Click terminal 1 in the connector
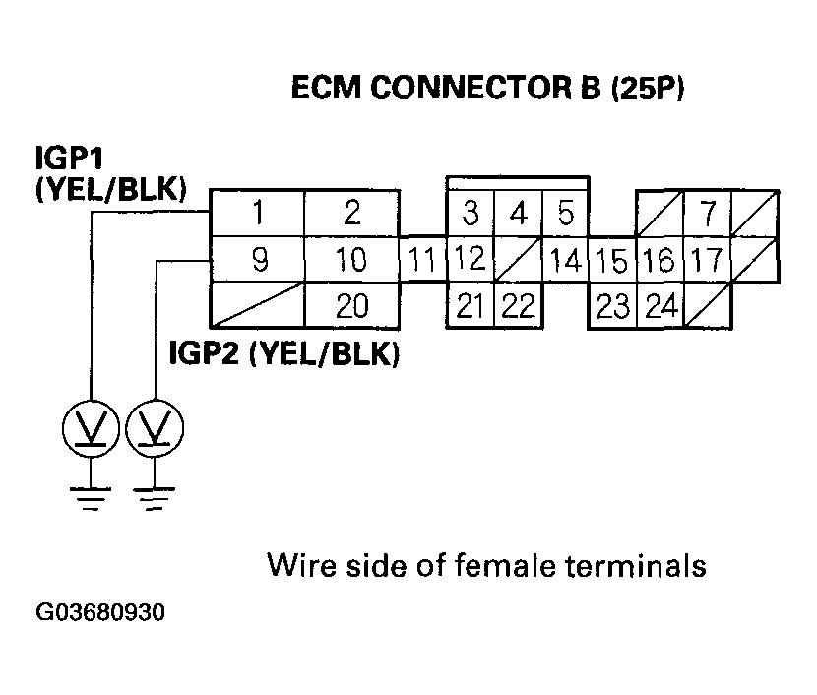tap(258, 212)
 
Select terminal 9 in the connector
tap(258, 260)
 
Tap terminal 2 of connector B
tap(351, 212)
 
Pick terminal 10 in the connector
tap(351, 260)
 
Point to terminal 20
tap(351, 307)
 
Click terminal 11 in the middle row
tap(423, 261)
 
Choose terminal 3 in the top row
tap(471, 213)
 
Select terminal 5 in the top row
tap(565, 213)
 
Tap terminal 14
tap(565, 261)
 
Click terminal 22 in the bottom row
tap(517, 307)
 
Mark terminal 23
tap(612, 307)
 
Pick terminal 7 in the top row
tap(707, 213)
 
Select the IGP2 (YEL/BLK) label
tap(283, 353)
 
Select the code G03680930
tap(101, 612)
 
